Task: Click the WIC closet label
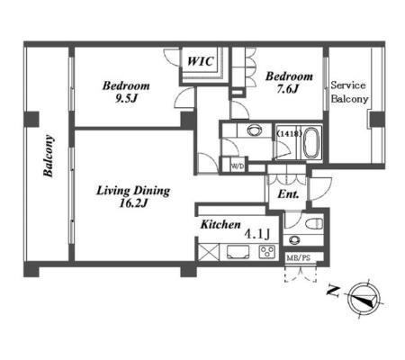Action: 201,61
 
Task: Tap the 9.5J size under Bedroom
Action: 126,98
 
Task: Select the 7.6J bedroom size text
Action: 288,89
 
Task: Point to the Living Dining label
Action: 133,191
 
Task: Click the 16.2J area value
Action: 133,203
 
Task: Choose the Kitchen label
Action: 220,224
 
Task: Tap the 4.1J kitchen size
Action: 257,234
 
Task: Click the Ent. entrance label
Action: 288,194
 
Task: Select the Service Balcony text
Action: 349,92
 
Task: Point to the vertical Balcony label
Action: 49,156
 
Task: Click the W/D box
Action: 238,166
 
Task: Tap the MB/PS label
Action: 298,258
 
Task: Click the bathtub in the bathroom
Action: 310,143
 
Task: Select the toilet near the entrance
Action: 314,223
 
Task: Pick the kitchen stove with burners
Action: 266,252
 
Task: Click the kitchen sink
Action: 238,252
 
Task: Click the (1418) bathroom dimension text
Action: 289,134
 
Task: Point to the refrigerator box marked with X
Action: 209,252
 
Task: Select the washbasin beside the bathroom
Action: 255,130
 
